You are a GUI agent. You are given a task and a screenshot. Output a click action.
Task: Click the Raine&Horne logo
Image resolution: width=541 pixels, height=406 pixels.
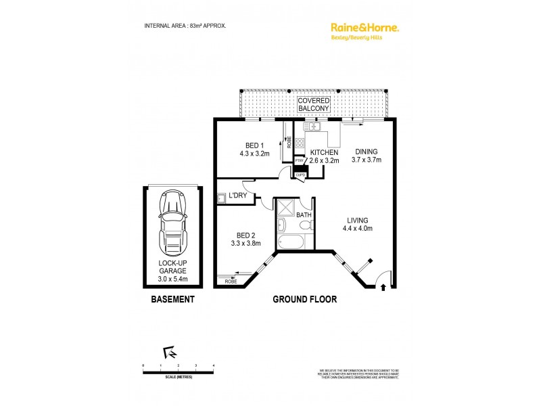tap(364, 28)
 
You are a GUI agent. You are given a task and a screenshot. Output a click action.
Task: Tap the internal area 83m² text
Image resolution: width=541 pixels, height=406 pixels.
tap(185, 26)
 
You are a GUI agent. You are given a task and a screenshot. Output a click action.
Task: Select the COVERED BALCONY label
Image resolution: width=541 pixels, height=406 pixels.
tap(314, 104)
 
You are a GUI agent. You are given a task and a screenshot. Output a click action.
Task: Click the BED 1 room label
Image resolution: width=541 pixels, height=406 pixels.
tap(254, 145)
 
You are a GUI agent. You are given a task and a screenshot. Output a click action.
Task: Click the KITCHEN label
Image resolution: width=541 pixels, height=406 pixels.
tap(324, 153)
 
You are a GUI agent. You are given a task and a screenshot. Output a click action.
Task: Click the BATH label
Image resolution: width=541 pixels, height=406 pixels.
tap(304, 215)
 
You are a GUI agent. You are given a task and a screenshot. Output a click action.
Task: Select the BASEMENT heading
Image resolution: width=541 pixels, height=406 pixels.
tap(172, 299)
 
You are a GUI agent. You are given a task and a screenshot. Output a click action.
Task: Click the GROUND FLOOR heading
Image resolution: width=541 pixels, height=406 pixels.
tap(304, 299)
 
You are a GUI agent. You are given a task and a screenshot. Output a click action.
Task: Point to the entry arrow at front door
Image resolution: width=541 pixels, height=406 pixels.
tap(385, 288)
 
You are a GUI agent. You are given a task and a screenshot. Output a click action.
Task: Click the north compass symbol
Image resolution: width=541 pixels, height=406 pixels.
tap(170, 352)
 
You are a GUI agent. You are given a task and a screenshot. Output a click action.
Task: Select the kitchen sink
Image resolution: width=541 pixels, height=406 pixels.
tap(313, 127)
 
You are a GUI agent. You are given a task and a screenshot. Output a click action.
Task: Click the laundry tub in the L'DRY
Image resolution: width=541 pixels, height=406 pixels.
tap(221, 198)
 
